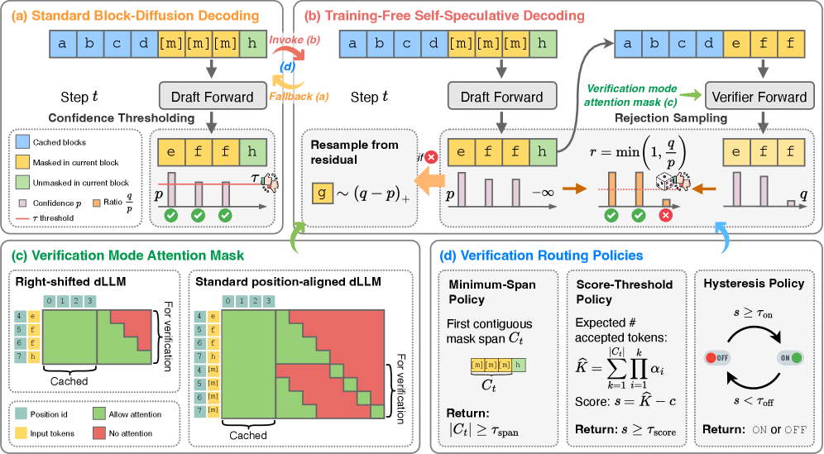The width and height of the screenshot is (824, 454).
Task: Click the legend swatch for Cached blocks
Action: point(25,143)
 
